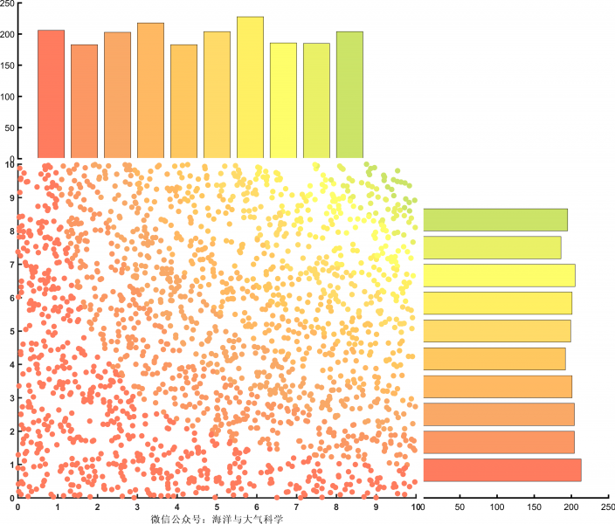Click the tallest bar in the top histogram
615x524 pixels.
point(250,87)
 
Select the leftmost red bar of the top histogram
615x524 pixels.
point(51,94)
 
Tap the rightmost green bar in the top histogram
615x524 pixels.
point(349,95)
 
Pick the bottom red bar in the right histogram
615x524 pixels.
point(502,470)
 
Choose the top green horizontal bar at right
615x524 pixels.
point(495,219)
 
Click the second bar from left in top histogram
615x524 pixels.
point(84,101)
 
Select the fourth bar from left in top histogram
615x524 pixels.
point(150,91)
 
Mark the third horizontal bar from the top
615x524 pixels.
point(499,275)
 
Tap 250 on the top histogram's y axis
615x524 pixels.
point(8,4)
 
